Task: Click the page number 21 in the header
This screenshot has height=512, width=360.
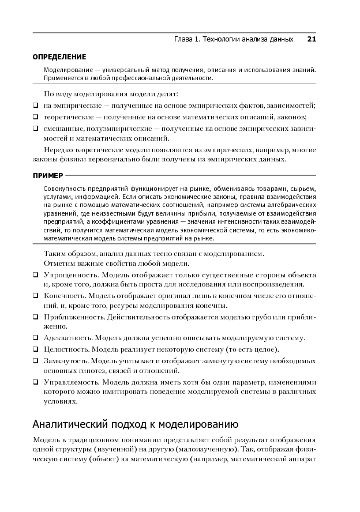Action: tap(312, 39)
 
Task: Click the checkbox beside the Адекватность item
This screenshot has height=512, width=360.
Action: tap(36, 337)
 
